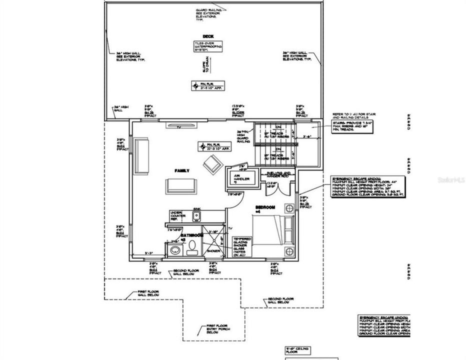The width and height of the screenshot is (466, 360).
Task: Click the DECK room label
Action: (207, 36)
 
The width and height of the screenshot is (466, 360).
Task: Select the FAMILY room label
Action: (181, 171)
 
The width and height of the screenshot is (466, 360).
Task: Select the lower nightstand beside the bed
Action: (288, 251)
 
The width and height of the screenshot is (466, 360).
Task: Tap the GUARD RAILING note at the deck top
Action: (207, 14)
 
